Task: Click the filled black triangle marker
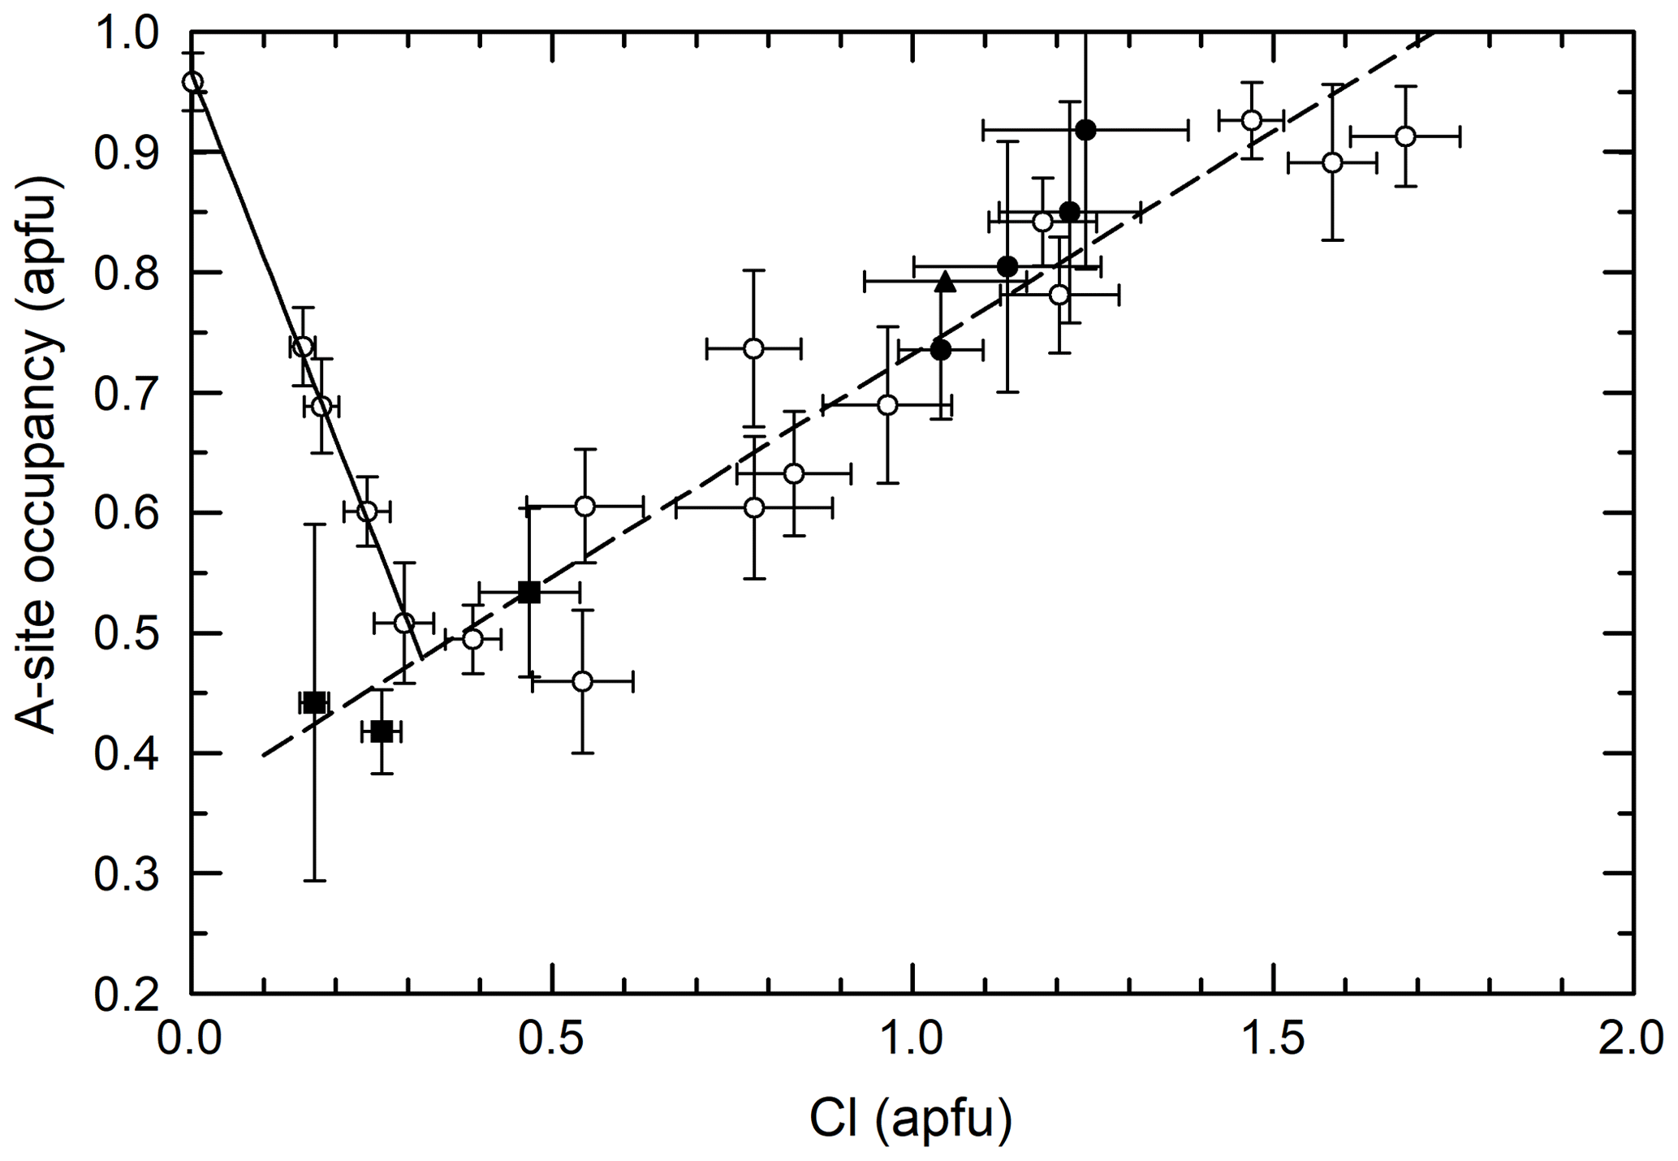[945, 282]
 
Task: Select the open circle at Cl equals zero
[192, 82]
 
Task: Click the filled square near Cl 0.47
[529, 592]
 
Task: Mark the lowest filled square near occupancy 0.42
[381, 732]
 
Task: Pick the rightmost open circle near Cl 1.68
[1405, 136]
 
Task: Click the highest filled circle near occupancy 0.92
[1085, 130]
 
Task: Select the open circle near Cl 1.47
[1252, 120]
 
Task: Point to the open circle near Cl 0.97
[888, 405]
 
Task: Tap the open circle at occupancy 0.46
[582, 681]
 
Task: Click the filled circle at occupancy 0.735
[941, 350]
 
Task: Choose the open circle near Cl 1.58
[1332, 162]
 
